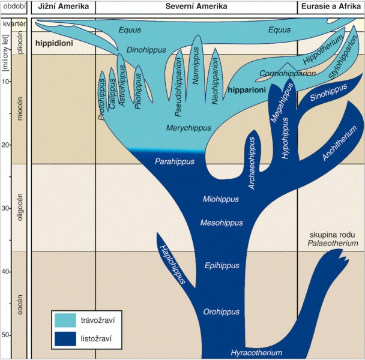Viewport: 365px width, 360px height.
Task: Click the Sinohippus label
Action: (x=327, y=91)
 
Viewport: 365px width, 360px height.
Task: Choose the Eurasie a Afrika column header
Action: (x=331, y=7)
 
